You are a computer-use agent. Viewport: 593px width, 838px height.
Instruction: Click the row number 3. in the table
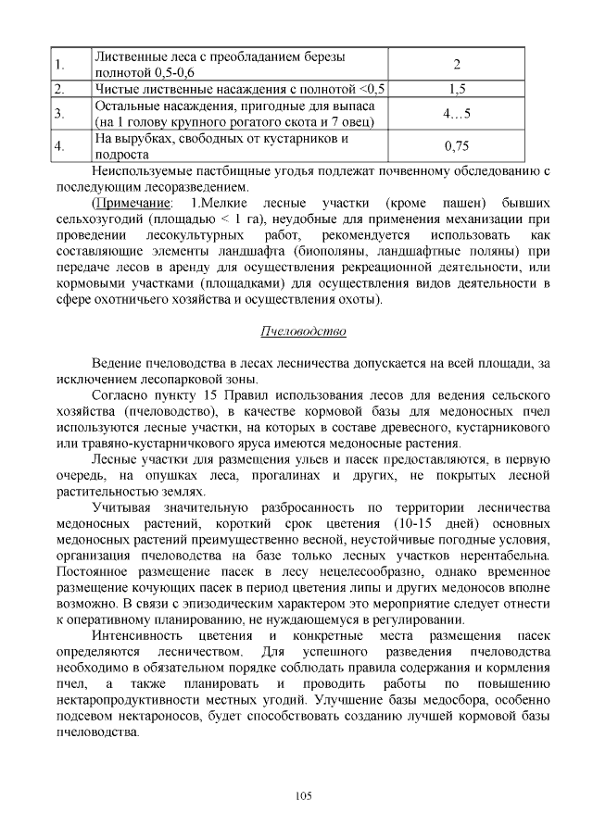58,115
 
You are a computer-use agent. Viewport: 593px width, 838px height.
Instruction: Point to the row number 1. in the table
58,65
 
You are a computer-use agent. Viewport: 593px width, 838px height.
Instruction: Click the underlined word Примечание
134,202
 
